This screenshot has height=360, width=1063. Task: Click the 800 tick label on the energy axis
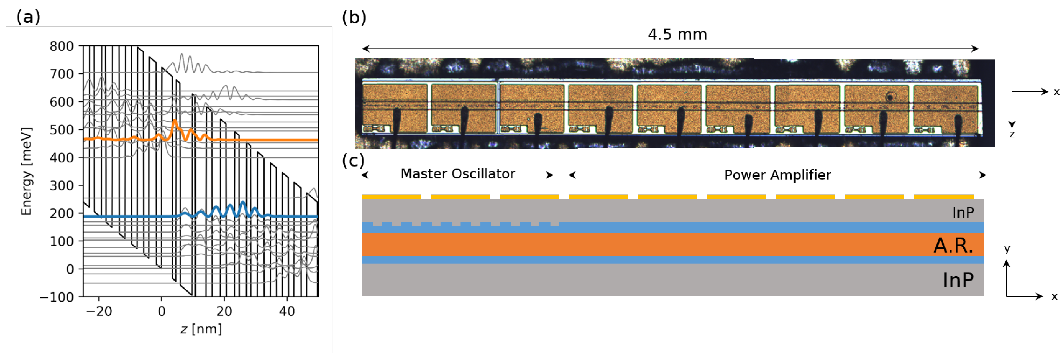[x=62, y=46]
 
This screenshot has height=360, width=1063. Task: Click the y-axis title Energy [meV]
[x=26, y=171]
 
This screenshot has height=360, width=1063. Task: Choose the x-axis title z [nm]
[x=201, y=329]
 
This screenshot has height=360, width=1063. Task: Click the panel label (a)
[x=28, y=17]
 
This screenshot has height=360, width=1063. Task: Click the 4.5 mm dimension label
[x=677, y=34]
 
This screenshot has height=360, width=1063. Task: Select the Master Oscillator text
[x=458, y=174]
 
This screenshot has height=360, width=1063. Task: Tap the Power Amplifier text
[x=777, y=175]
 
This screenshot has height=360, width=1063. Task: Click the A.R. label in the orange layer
[x=953, y=246]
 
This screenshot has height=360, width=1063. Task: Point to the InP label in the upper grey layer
[x=963, y=213]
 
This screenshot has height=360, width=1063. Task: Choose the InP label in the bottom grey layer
[x=958, y=280]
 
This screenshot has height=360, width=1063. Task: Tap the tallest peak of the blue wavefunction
[x=243, y=202]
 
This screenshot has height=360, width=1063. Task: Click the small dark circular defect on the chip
[x=890, y=97]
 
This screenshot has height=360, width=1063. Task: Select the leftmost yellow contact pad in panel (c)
[x=391, y=197]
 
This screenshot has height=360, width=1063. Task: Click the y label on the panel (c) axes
[x=1007, y=249]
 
